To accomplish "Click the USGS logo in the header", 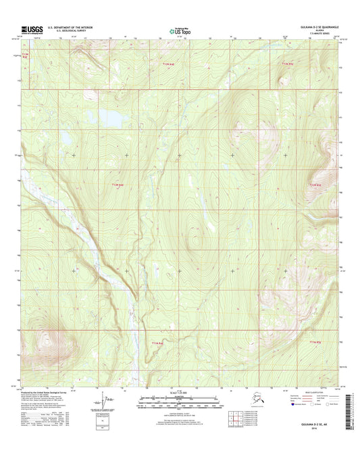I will [31, 29].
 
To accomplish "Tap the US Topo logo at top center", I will [178, 30].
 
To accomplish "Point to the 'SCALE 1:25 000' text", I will [179, 393].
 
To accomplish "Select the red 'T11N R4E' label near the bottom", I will [153, 343].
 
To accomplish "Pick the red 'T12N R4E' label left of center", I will [118, 183].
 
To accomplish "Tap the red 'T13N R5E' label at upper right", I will [288, 64].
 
